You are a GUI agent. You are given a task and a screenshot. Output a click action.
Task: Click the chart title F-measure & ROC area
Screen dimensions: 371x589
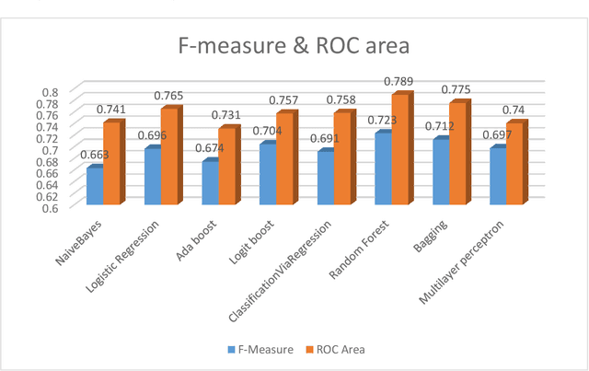294,46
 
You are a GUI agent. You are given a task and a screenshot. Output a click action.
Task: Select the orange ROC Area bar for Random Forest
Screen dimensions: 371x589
398,152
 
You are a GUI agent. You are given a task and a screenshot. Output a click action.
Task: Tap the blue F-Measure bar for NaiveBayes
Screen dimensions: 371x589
94,187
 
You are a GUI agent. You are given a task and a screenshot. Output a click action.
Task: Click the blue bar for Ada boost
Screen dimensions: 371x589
210,184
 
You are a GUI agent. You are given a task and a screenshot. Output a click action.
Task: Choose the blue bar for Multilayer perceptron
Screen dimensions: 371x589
498,177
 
